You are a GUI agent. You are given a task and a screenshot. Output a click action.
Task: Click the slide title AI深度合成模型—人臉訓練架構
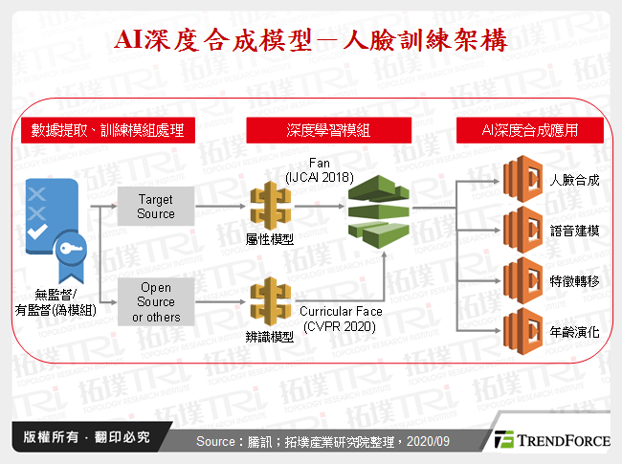coord(310,40)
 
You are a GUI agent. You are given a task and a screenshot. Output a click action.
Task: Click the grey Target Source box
coord(156,207)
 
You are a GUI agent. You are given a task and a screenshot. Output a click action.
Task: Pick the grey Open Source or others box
coord(156,302)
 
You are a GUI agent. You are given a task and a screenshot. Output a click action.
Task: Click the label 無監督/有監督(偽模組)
coord(55,300)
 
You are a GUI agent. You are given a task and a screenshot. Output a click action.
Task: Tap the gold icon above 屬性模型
coord(269,205)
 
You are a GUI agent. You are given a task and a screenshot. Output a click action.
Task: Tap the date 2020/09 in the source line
coord(429,441)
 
